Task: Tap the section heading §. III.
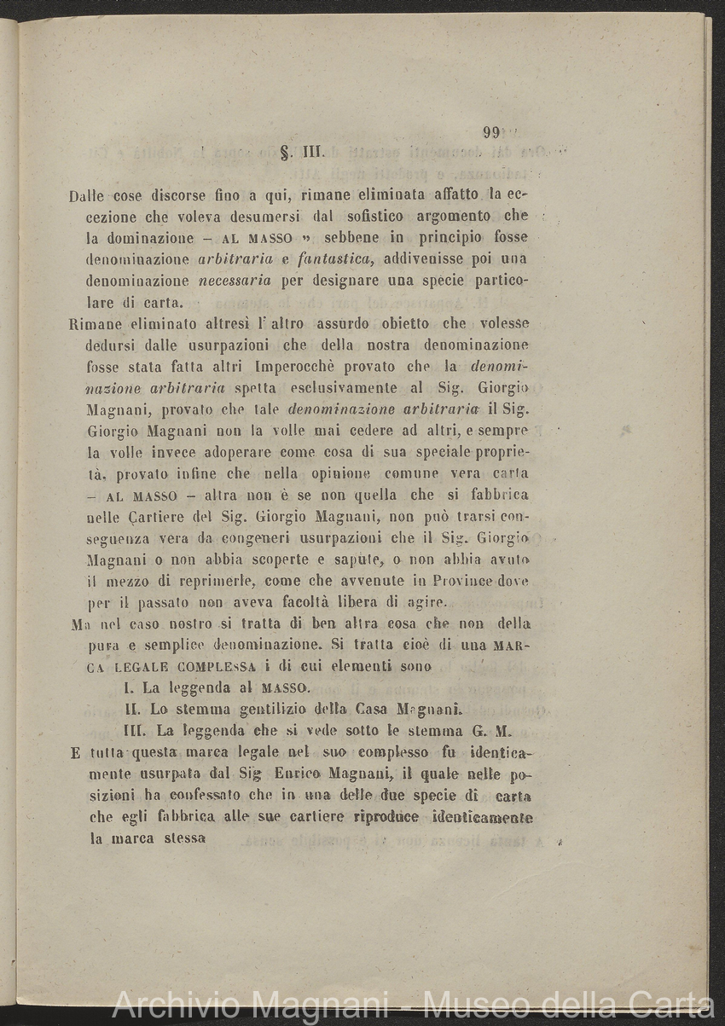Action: pyautogui.click(x=299, y=154)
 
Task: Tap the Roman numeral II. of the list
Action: pyautogui.click(x=133, y=709)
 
